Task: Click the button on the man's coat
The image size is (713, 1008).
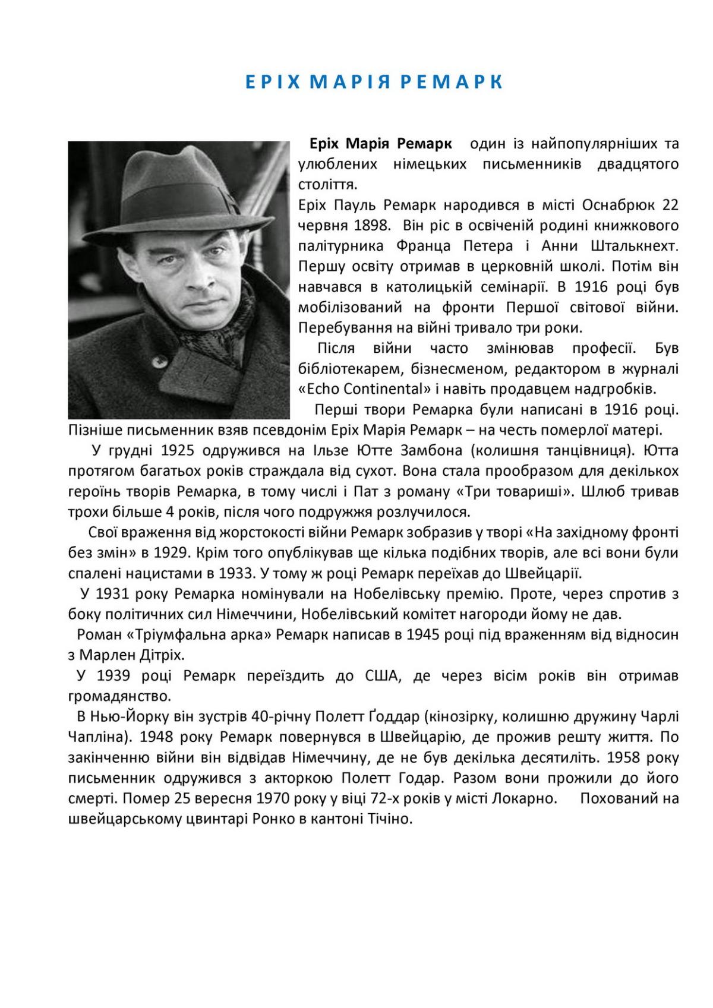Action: [157, 361]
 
